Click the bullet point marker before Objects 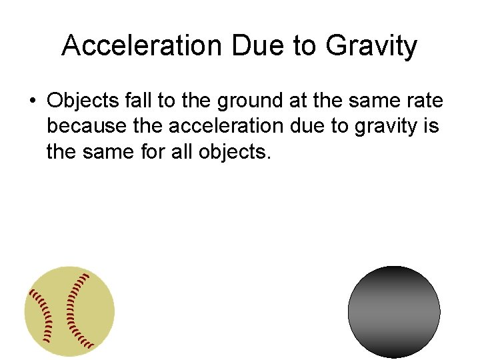click(x=32, y=101)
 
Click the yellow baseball click(x=70, y=311)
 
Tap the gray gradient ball click(x=394, y=312)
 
